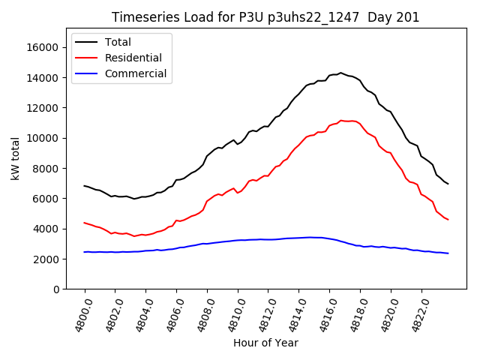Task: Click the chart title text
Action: [x=265, y=17]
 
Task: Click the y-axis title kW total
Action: [x=15, y=159]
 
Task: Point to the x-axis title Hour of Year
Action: [x=265, y=343]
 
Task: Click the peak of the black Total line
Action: [x=340, y=73]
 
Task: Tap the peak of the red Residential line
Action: [x=341, y=120]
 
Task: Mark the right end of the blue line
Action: [x=448, y=253]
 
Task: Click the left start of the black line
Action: [x=85, y=185]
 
